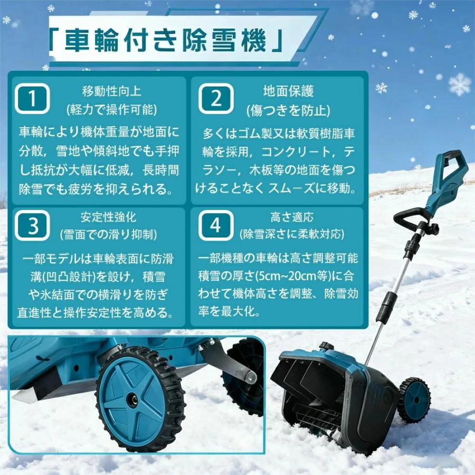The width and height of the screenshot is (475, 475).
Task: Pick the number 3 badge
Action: [x=33, y=225]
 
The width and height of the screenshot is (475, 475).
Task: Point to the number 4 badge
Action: [x=215, y=225]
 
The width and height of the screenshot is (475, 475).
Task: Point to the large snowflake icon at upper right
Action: [x=460, y=84]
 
